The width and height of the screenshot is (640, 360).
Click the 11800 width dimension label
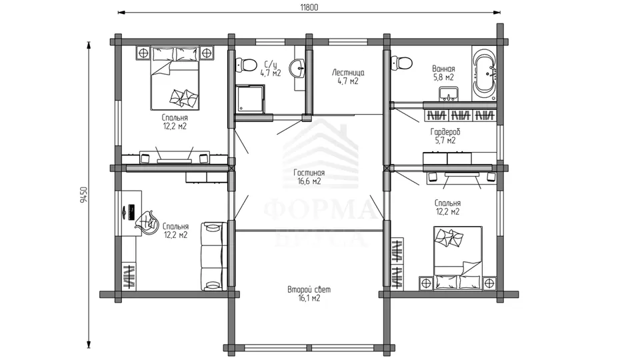(x=309, y=7)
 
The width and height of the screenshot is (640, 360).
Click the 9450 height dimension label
(x=84, y=195)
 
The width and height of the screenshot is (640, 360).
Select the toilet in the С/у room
(x=246, y=65)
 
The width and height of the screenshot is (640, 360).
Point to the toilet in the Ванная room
(x=401, y=63)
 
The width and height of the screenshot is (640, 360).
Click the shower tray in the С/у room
(x=250, y=99)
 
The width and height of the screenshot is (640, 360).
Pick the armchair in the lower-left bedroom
(x=147, y=223)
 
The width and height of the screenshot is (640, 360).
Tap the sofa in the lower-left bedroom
(x=214, y=256)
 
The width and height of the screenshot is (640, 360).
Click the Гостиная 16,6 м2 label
(x=309, y=177)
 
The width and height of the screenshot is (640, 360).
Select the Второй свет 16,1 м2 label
(x=309, y=294)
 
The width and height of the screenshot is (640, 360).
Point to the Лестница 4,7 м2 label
(x=348, y=77)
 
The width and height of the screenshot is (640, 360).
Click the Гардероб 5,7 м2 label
(x=445, y=136)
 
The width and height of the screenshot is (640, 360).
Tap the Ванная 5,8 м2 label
(x=443, y=73)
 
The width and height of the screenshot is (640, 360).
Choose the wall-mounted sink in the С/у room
(x=297, y=68)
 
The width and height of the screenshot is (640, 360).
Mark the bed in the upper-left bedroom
(x=175, y=78)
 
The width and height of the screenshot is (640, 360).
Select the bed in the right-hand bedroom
(x=458, y=258)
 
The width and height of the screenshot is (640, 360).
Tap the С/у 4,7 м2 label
(x=271, y=69)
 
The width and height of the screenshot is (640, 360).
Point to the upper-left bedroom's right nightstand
(x=207, y=53)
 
